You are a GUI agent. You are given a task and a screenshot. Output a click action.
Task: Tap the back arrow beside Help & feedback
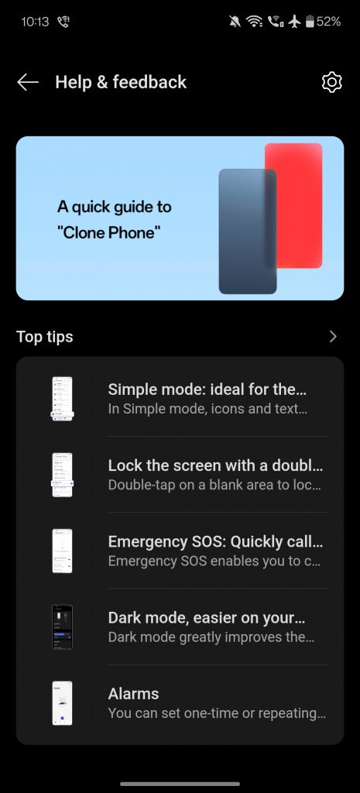click(x=28, y=82)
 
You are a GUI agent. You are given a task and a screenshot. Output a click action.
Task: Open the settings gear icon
click(x=331, y=82)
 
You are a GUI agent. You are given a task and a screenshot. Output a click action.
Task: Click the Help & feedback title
click(x=121, y=82)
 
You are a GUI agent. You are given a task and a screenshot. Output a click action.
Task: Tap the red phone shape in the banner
click(x=293, y=205)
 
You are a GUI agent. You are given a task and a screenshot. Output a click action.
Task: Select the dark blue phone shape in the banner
click(x=247, y=231)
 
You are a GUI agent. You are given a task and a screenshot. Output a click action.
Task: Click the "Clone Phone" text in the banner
click(x=108, y=232)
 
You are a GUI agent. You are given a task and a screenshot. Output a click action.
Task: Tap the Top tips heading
click(x=44, y=337)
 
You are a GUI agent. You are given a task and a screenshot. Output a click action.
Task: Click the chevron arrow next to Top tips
click(x=333, y=337)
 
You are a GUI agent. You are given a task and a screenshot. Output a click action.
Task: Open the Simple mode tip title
click(x=207, y=390)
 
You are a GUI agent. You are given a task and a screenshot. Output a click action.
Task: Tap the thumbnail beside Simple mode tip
click(x=62, y=399)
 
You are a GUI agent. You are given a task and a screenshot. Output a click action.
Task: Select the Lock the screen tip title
click(x=215, y=465)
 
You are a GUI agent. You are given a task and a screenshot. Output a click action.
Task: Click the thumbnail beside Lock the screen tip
click(x=62, y=475)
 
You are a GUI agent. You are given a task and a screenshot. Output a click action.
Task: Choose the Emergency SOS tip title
click(x=215, y=541)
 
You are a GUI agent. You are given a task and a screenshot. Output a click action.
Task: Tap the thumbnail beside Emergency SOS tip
click(x=62, y=551)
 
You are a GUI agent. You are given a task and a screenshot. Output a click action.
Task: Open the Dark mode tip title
click(x=207, y=617)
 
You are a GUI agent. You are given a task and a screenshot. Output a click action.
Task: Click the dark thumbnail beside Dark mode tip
click(x=62, y=627)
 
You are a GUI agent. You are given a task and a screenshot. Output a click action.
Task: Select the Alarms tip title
click(x=133, y=693)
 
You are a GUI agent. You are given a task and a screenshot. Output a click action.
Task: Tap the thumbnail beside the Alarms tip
click(x=62, y=703)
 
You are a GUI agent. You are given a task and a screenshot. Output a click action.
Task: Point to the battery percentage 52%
click(x=329, y=22)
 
